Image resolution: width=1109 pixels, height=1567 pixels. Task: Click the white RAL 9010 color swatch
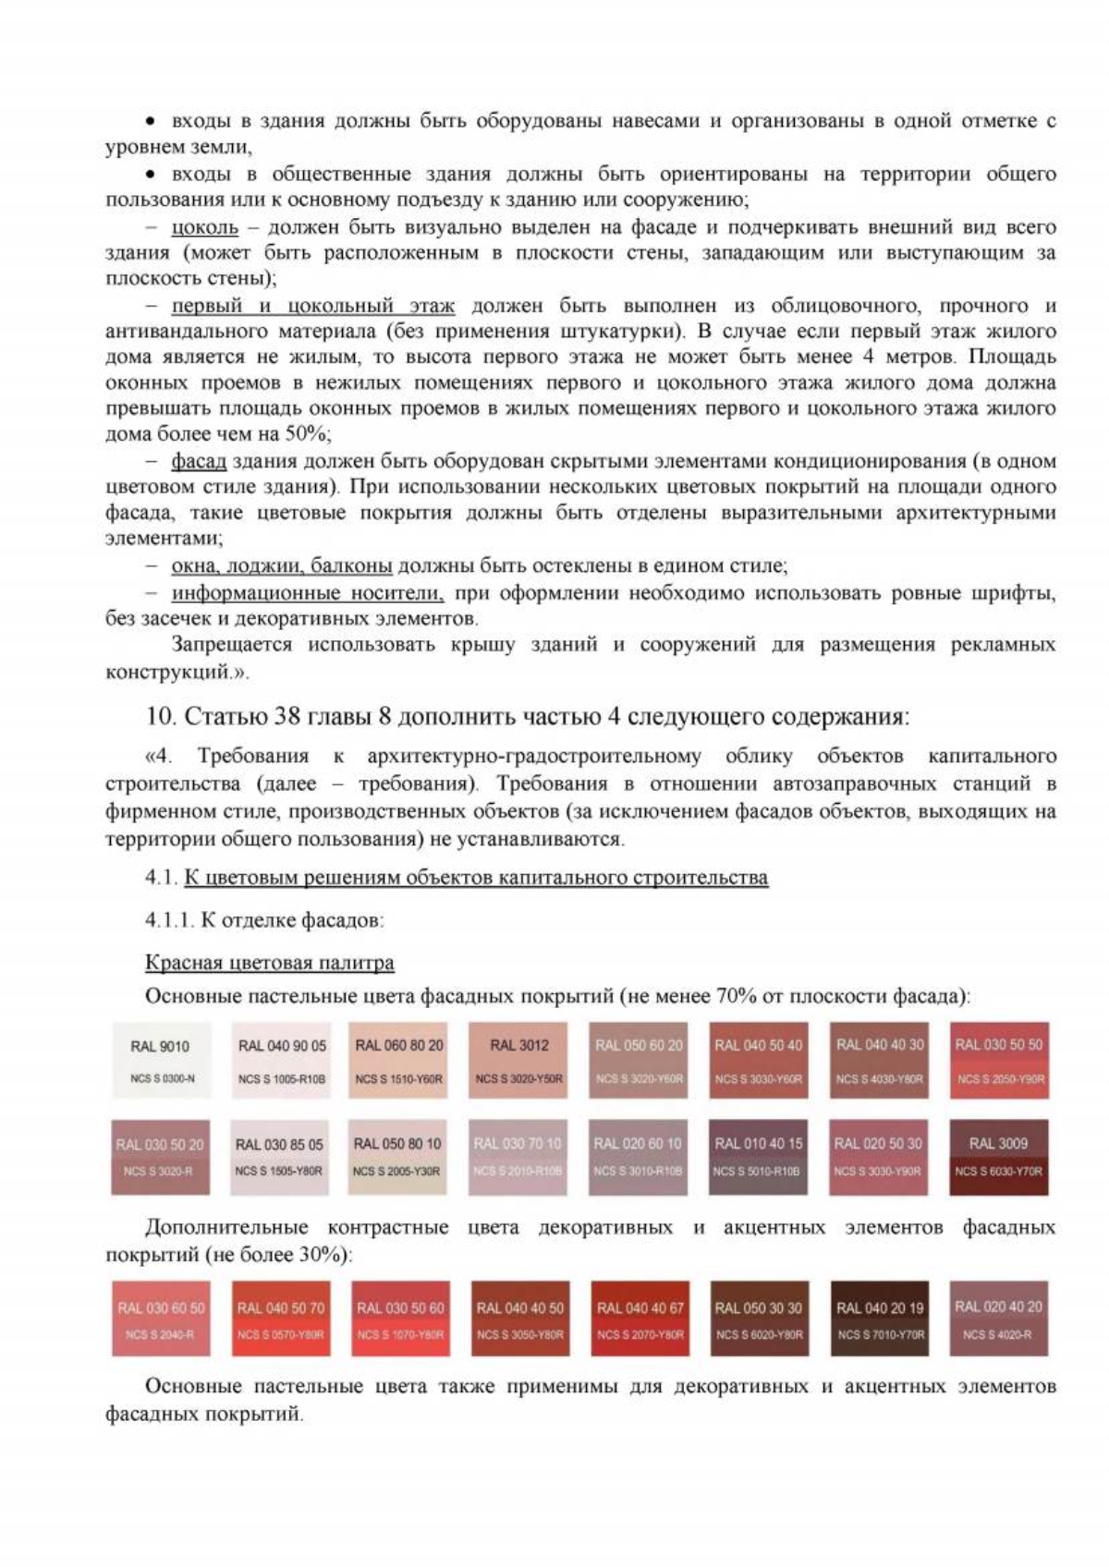[x=161, y=1060]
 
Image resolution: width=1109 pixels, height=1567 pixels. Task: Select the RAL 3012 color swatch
[x=519, y=1060]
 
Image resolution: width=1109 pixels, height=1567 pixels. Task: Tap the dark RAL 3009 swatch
[x=998, y=1157]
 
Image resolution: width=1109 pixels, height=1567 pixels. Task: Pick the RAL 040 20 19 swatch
[x=879, y=1318]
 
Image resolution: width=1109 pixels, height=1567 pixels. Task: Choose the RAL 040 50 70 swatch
[x=280, y=1318]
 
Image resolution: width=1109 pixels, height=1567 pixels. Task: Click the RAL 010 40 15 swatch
[x=758, y=1157]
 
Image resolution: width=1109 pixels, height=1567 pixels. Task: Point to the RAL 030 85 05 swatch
[x=279, y=1157]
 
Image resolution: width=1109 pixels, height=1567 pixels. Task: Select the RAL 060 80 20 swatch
[x=398, y=1060]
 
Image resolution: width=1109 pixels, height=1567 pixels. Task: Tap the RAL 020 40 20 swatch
[x=998, y=1318]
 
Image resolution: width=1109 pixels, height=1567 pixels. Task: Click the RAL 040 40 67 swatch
[x=640, y=1318]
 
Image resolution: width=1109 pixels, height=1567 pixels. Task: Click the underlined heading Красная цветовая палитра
[x=269, y=963]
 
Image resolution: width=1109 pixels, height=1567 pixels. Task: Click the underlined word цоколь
[x=204, y=227]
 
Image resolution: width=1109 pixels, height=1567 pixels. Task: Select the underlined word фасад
[x=199, y=461]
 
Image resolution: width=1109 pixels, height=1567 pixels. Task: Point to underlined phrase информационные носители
[x=307, y=593]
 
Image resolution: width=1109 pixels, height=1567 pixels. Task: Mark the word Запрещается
[x=233, y=645]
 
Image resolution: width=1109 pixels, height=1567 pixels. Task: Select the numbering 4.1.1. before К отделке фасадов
[x=169, y=920]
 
